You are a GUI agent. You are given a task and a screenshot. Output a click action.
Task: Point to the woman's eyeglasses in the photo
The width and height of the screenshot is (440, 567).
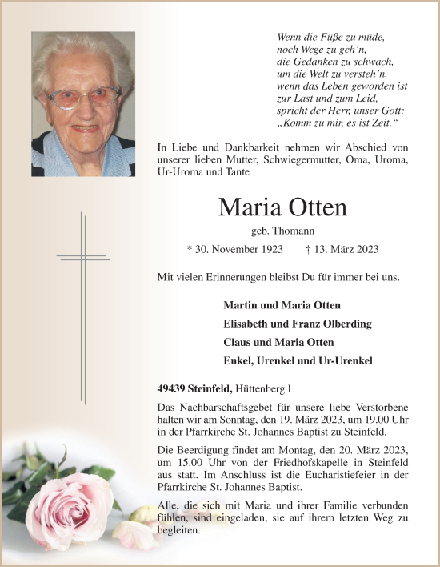pos(84,99)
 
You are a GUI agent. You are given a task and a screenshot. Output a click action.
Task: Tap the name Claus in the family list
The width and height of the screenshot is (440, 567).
pos(238,342)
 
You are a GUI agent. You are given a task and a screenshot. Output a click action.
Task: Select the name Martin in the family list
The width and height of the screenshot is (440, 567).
pos(242,305)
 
